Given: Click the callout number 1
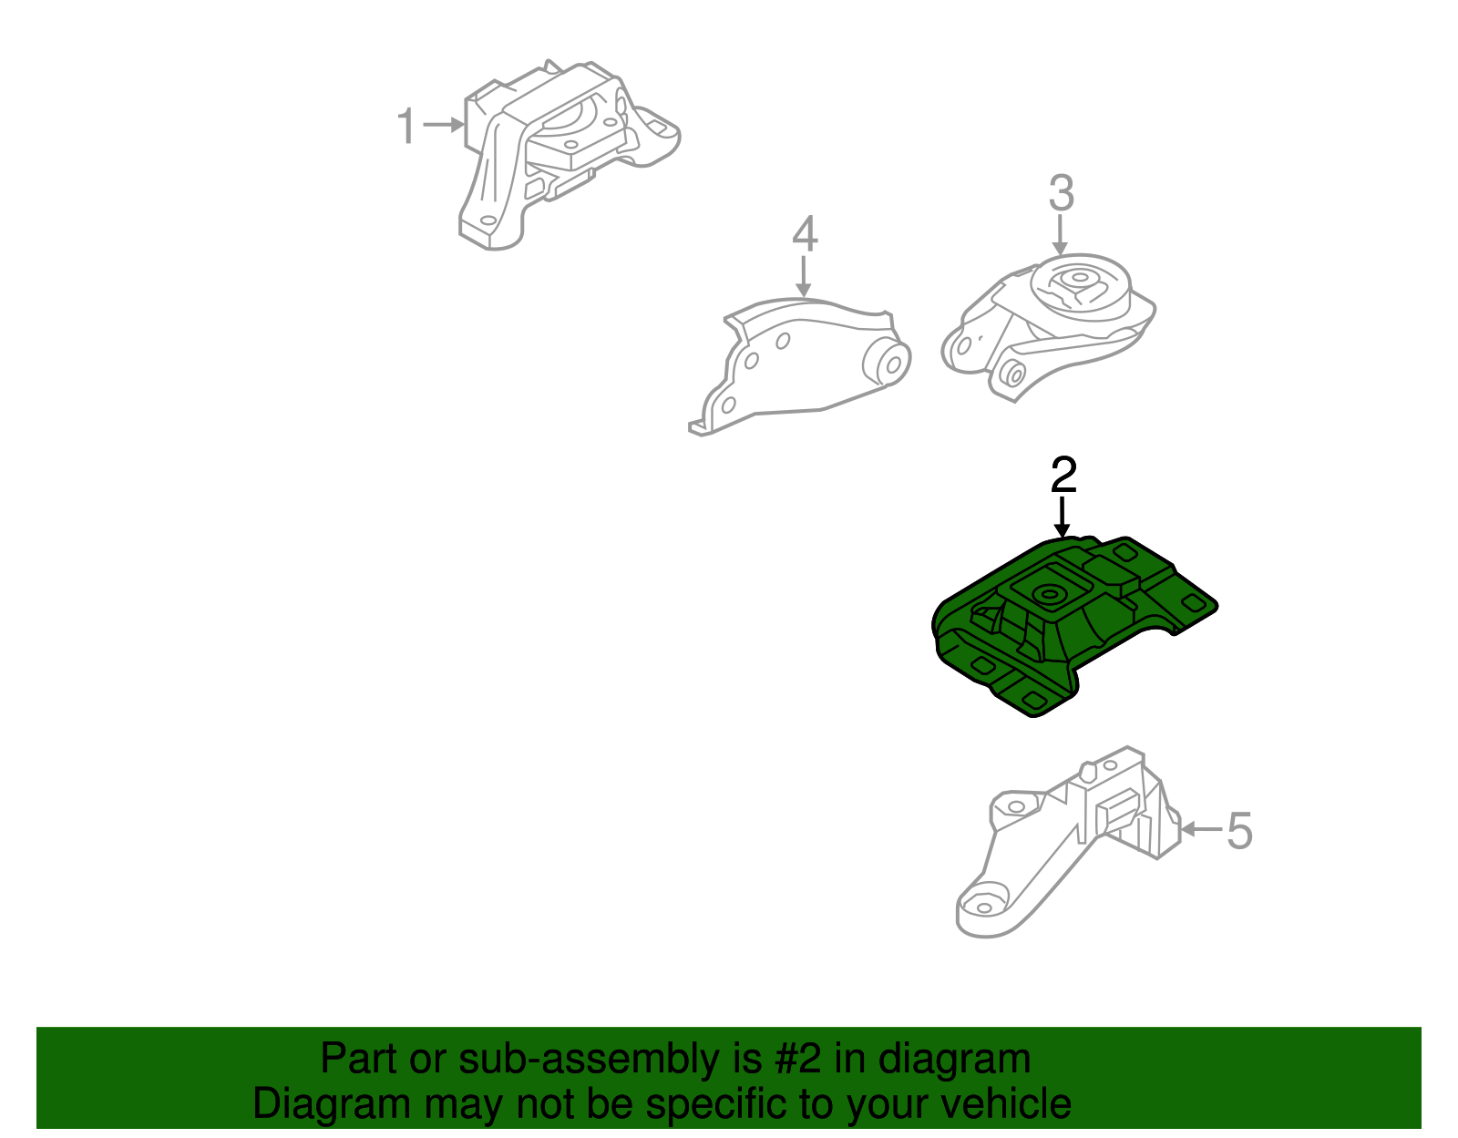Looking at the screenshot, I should [x=406, y=126].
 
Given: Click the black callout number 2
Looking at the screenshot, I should [x=1063, y=475].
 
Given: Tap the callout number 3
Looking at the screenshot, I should [x=1061, y=193].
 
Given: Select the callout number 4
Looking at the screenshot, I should [x=804, y=234].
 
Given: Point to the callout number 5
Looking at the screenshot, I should [x=1239, y=831].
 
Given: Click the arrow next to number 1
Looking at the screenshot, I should [x=445, y=125].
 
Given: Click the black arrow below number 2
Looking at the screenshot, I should [x=1062, y=518].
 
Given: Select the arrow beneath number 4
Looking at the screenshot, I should [x=803, y=276].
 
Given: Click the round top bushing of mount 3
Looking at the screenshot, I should [x=1079, y=282].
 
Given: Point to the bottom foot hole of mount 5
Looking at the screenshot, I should [x=982, y=907].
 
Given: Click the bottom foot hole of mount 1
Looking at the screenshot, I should [x=487, y=221].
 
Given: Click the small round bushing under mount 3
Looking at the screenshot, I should [x=1011, y=372].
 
